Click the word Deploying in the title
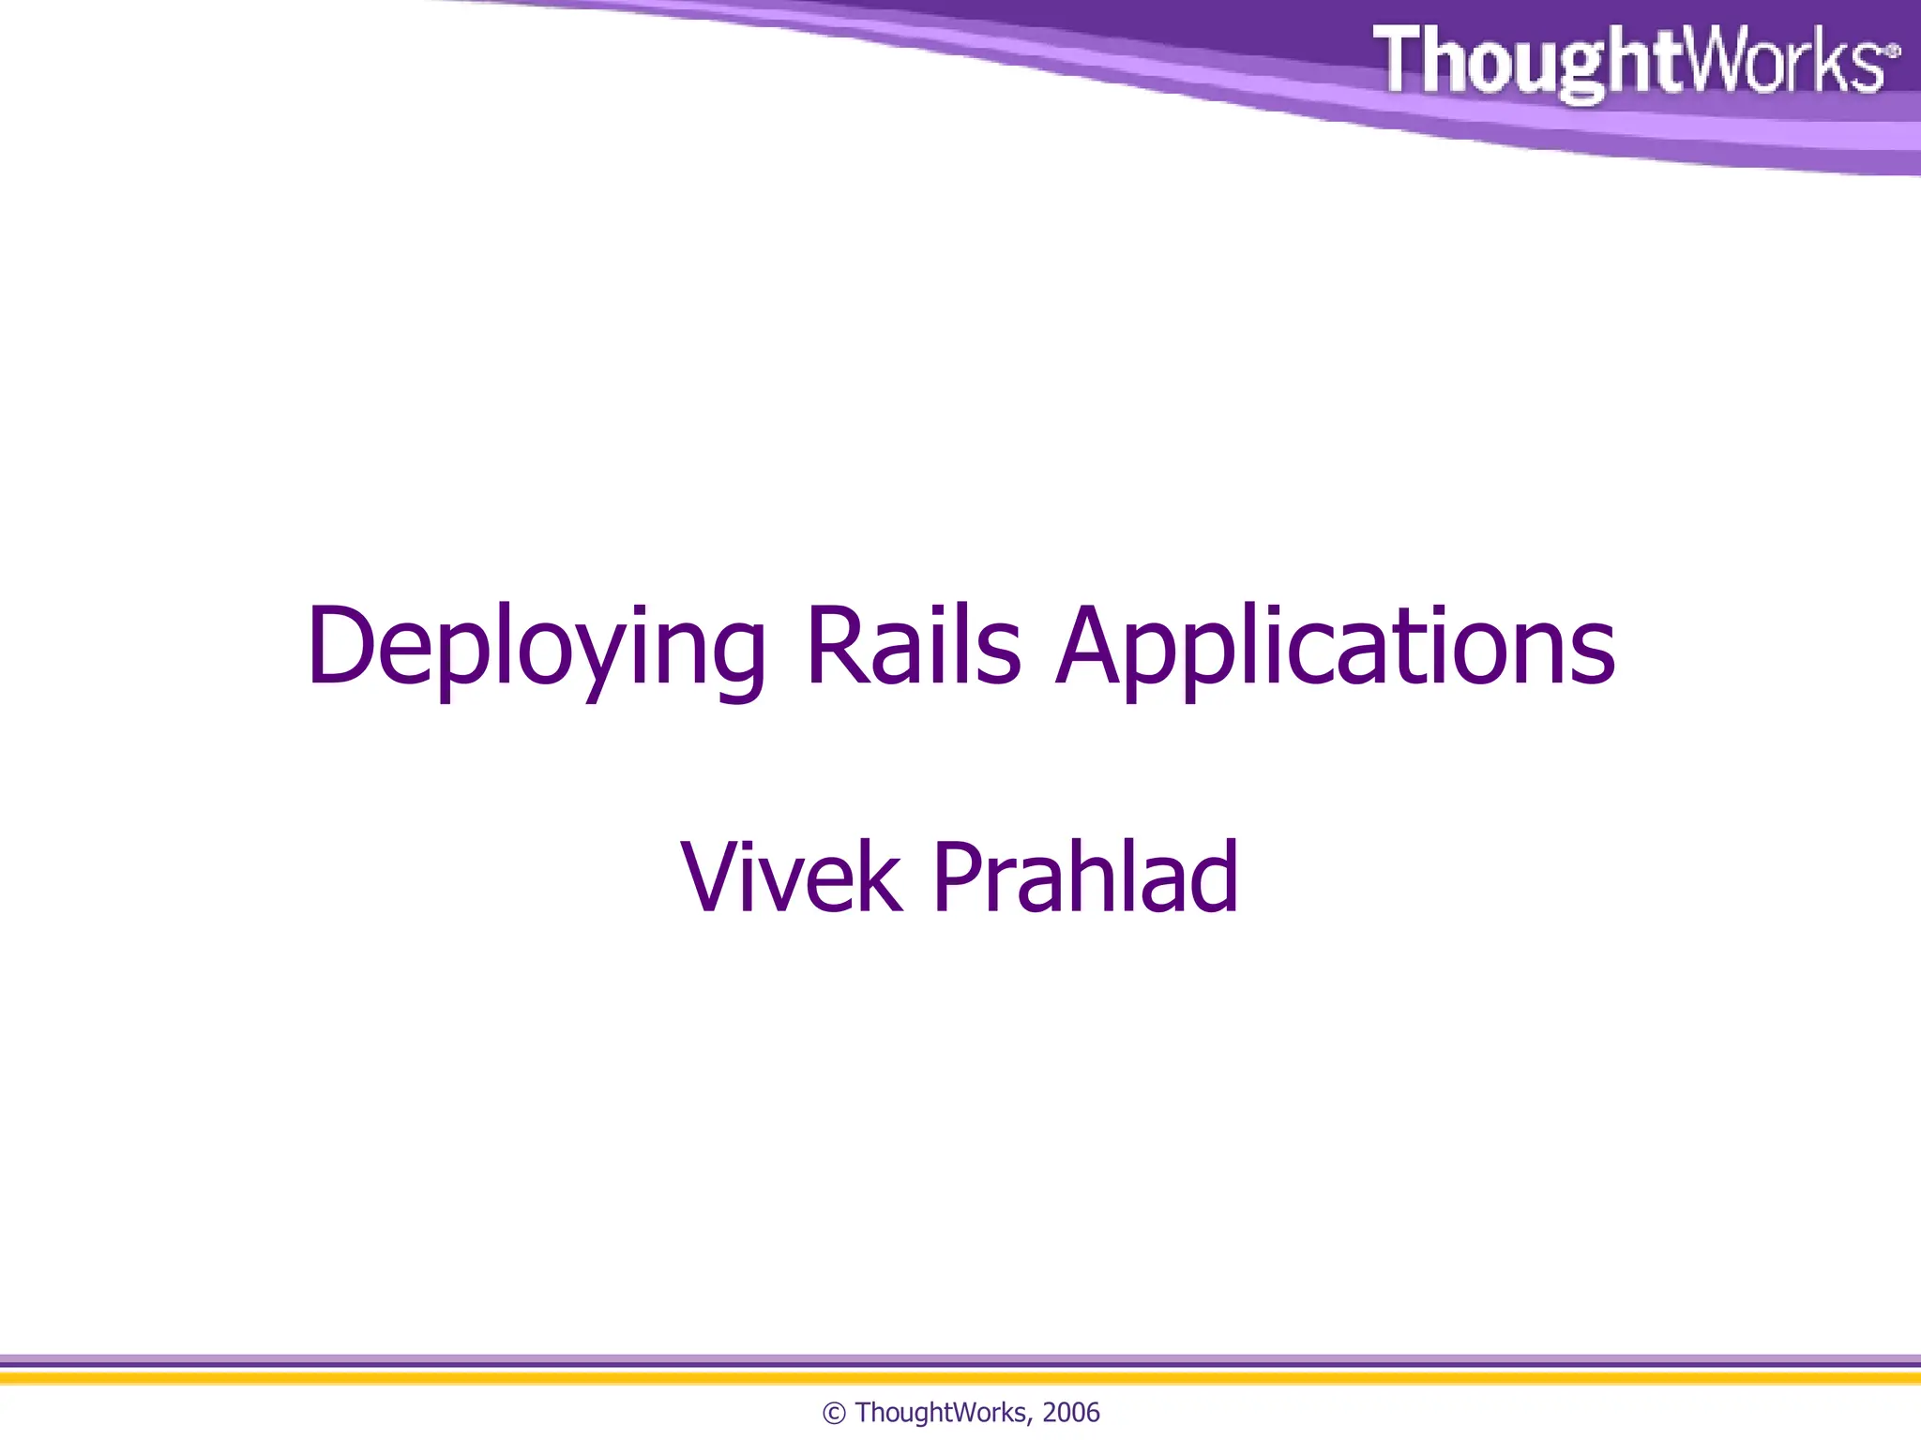pyautogui.click(x=536, y=647)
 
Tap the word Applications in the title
pyautogui.click(x=1336, y=647)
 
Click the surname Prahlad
pyautogui.click(x=1085, y=877)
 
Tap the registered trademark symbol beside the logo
pyautogui.click(x=1893, y=51)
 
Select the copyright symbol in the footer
pyautogui.click(x=834, y=1414)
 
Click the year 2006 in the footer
pyautogui.click(x=1070, y=1413)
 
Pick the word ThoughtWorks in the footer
pyautogui.click(x=941, y=1413)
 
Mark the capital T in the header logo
pyautogui.click(x=1399, y=58)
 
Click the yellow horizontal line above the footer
pyautogui.click(x=960, y=1378)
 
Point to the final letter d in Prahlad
pyautogui.click(x=1216, y=877)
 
